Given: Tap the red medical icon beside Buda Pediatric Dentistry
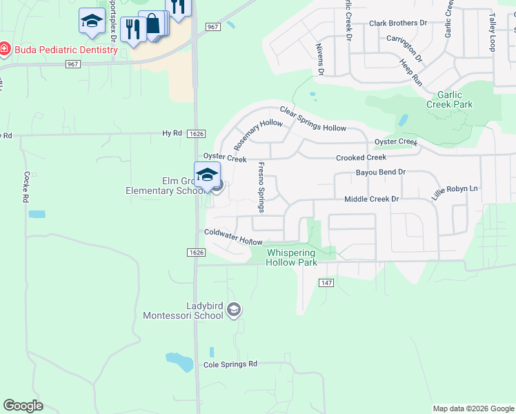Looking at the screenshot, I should [x=3, y=49].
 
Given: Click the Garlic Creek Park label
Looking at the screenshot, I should [x=449, y=99].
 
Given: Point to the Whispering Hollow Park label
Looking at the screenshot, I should [x=301, y=257].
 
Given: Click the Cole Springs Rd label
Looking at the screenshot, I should [x=230, y=364].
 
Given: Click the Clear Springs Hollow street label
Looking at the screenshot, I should [x=312, y=119].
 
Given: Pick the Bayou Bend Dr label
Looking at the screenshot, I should [x=380, y=172].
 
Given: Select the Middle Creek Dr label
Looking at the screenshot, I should [x=372, y=199].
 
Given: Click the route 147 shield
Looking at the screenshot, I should [x=327, y=283].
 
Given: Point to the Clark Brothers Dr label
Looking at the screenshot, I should [x=398, y=23].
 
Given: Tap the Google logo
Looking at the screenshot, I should [x=23, y=406].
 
